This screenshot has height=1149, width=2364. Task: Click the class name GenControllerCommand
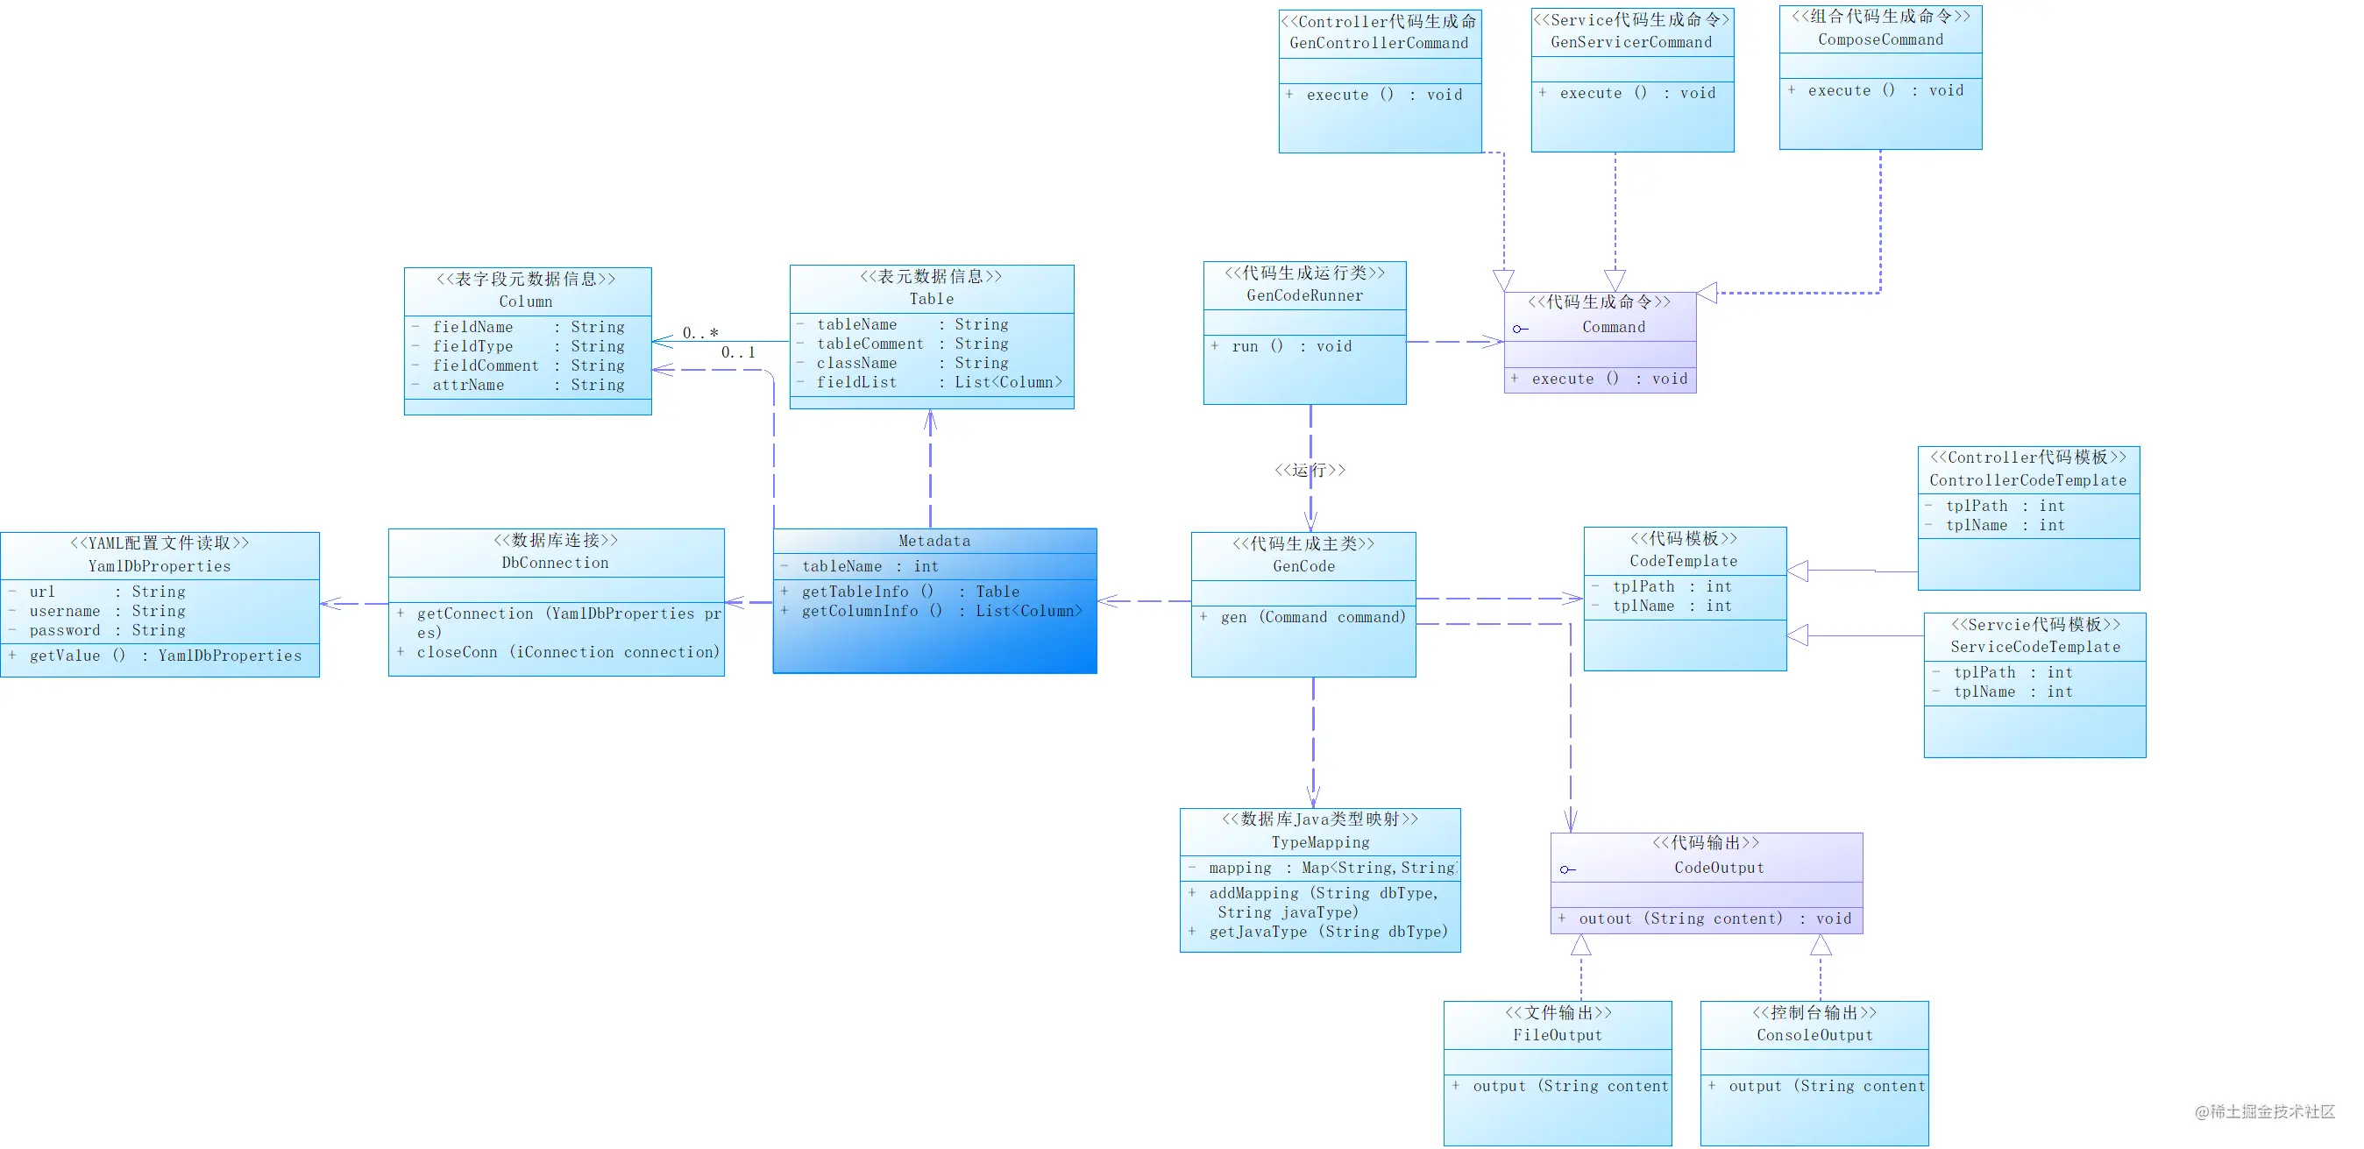click(1379, 43)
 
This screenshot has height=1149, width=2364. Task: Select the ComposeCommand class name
click(1880, 39)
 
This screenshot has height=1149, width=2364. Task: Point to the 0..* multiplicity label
click(700, 333)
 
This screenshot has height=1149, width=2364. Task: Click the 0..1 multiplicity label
click(738, 352)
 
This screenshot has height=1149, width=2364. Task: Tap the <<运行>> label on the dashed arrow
click(1310, 470)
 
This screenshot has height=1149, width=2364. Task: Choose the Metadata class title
click(934, 541)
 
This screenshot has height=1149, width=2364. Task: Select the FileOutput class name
click(1558, 1035)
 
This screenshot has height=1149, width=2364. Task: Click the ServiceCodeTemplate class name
click(2034, 647)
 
